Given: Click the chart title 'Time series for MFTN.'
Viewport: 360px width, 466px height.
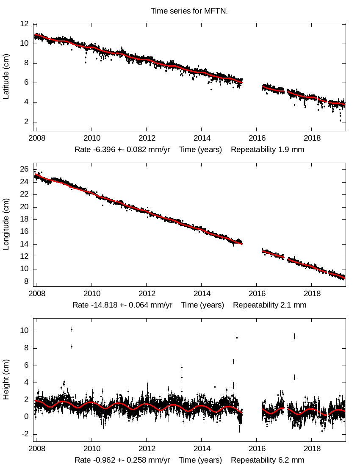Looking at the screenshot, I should tap(189, 11).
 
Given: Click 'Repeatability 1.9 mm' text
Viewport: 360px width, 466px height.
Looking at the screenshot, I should tap(267, 150).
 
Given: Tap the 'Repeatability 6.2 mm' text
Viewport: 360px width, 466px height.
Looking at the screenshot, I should tap(267, 460).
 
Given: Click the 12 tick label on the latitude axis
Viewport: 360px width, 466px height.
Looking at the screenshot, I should tap(25, 24).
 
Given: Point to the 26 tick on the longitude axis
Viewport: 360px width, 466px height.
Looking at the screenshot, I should tap(25, 169).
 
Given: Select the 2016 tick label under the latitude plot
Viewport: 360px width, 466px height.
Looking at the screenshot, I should tap(257, 139).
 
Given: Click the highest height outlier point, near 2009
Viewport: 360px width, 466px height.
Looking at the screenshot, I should tap(72, 329).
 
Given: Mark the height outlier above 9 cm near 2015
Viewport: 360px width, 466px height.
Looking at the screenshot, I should tap(237, 338).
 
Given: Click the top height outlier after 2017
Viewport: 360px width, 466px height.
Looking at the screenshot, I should tap(294, 336).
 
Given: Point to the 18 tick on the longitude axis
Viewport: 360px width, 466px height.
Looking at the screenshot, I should tap(25, 219).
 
